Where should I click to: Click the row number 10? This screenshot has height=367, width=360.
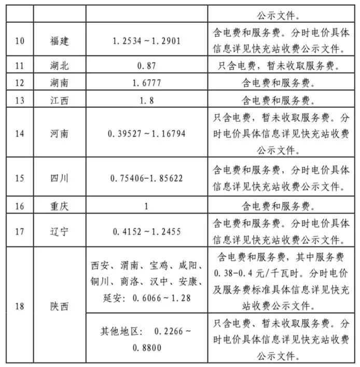coord(19,40)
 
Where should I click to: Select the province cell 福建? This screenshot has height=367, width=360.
coord(60,40)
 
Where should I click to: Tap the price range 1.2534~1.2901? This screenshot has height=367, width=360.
coord(146,40)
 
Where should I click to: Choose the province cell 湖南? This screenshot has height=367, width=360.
coord(60,82)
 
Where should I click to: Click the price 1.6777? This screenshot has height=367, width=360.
coord(146,82)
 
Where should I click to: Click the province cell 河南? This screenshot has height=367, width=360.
coord(60,134)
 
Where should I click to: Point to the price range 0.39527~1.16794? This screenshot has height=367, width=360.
coord(146,134)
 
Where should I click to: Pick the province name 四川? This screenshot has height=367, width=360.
coord(60,178)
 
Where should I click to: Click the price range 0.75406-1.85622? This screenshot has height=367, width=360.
coord(146,178)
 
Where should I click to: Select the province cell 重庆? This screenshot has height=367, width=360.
coord(60,206)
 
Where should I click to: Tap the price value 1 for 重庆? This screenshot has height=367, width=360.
coord(146,206)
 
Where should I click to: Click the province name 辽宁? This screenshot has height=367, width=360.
coord(60,232)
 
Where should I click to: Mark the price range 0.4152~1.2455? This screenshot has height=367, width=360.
coord(146,232)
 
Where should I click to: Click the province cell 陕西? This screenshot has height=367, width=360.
coord(60,306)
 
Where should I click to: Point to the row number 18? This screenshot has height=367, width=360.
coord(19,306)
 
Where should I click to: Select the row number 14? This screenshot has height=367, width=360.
coord(19,134)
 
